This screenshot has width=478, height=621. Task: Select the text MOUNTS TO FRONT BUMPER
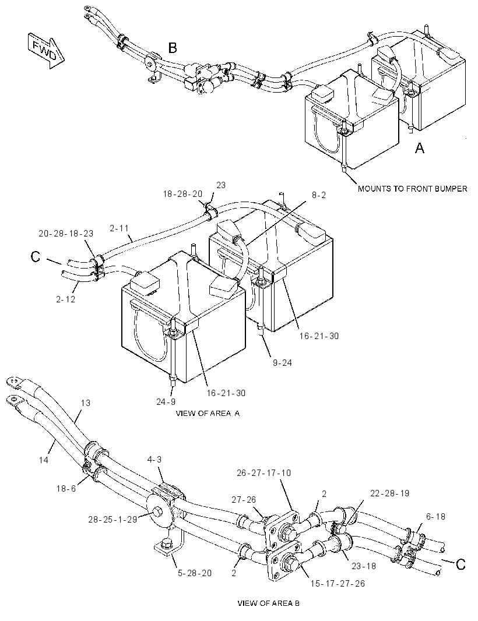[413, 189]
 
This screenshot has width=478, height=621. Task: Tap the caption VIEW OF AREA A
[208, 414]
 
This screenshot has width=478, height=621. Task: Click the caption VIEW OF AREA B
[269, 604]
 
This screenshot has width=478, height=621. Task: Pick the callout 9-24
[282, 363]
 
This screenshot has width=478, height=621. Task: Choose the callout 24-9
[166, 402]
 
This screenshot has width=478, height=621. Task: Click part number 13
[85, 403]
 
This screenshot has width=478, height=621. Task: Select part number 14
[44, 460]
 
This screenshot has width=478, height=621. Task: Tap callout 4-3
[154, 460]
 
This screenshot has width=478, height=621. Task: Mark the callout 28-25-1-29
[113, 519]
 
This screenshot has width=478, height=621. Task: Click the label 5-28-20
[194, 573]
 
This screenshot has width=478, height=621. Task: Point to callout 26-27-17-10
[264, 473]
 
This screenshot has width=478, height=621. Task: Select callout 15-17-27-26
[338, 584]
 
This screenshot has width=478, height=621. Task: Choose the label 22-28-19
[389, 493]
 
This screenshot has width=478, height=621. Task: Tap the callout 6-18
[435, 517]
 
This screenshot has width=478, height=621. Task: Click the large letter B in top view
[173, 48]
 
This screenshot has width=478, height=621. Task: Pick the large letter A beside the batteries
[419, 148]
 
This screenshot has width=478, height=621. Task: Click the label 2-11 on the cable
[119, 228]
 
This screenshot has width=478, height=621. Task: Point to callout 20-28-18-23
[66, 234]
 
